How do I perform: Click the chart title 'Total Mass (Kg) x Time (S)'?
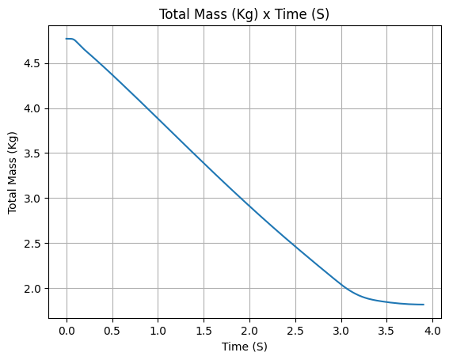point(244,14)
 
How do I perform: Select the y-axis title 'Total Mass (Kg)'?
point(12,172)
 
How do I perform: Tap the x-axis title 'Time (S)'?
point(245,347)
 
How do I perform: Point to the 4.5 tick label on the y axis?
point(32,63)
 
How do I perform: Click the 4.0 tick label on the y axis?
point(32,108)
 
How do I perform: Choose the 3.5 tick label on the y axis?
point(32,153)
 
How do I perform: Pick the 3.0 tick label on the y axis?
point(32,199)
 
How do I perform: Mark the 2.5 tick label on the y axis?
point(32,243)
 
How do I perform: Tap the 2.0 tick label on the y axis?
point(32,289)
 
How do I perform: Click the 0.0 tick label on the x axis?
point(67,331)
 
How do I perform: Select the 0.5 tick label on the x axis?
point(112,331)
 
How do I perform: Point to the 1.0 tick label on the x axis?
point(158,331)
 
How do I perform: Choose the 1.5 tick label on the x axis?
point(204,331)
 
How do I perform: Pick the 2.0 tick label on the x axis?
point(249,331)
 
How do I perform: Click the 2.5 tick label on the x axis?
point(295,331)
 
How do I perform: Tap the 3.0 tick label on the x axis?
point(341,331)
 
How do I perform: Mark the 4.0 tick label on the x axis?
point(432,331)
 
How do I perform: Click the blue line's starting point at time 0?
point(67,39)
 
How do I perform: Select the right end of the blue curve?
point(424,305)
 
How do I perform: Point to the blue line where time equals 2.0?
point(249,206)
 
